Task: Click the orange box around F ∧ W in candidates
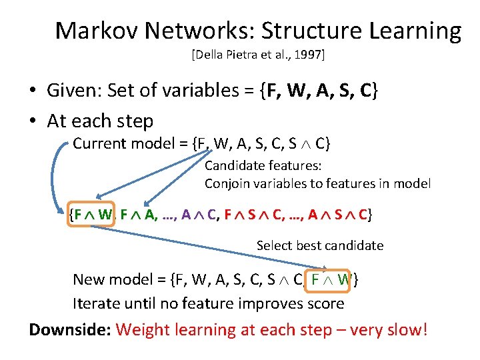tap(93, 214)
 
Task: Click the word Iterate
tap(98, 304)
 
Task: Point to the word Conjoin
tap(227, 183)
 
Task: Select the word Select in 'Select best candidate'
tap(274, 245)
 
